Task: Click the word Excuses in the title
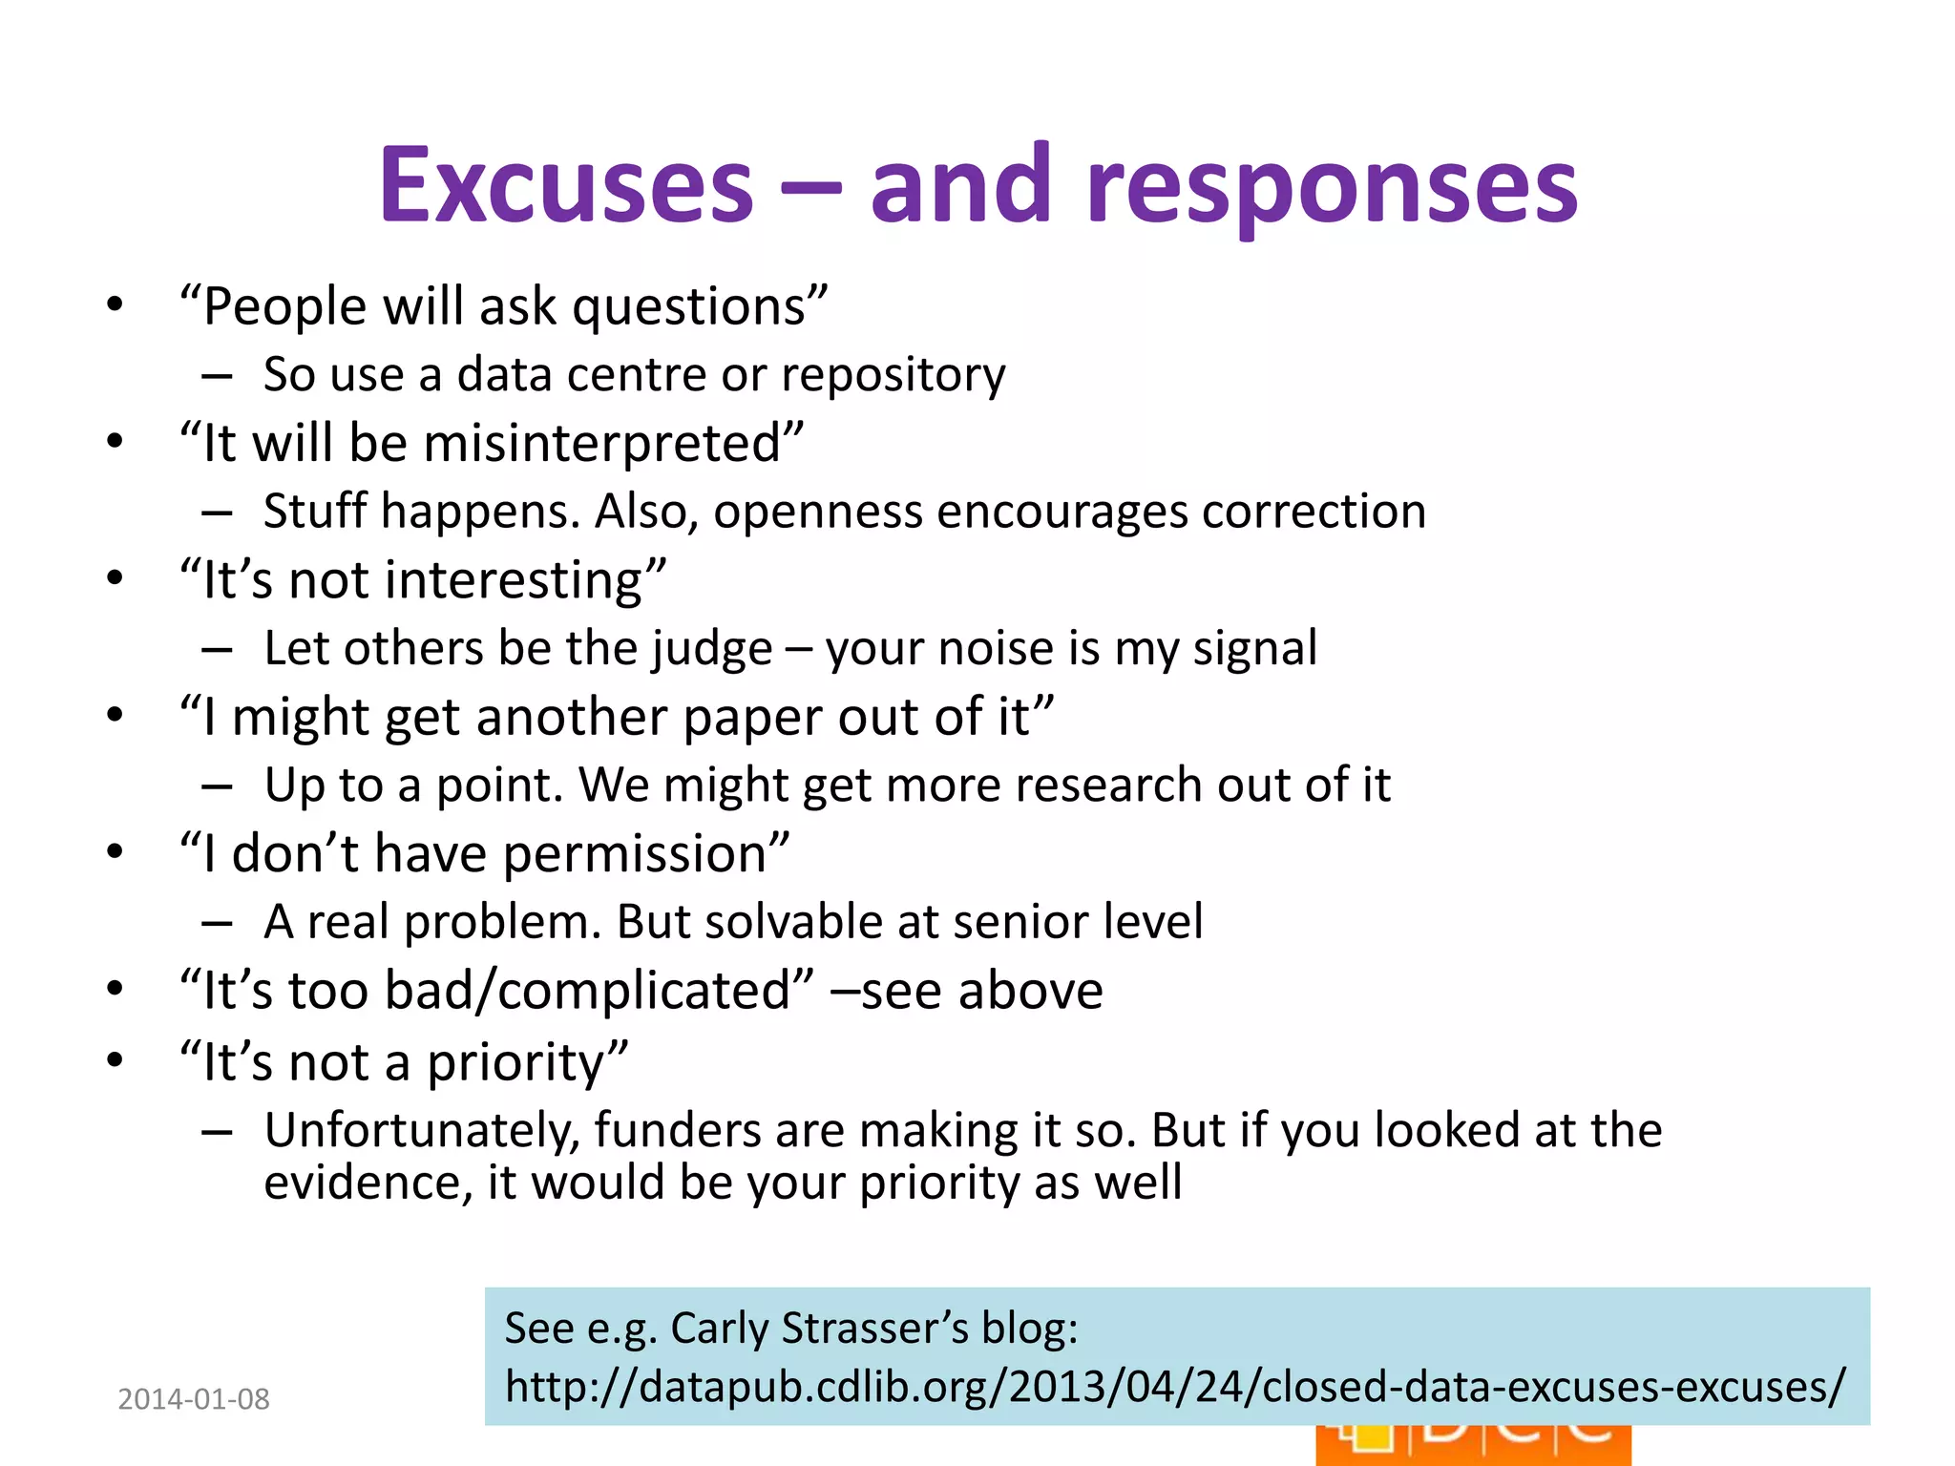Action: [x=566, y=186]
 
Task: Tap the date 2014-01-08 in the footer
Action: [x=193, y=1399]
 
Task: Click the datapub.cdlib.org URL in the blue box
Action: [x=1174, y=1387]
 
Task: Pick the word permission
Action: [x=645, y=854]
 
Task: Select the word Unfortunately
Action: [x=423, y=1131]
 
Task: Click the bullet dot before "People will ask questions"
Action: [x=116, y=305]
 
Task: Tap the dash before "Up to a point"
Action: [x=217, y=786]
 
